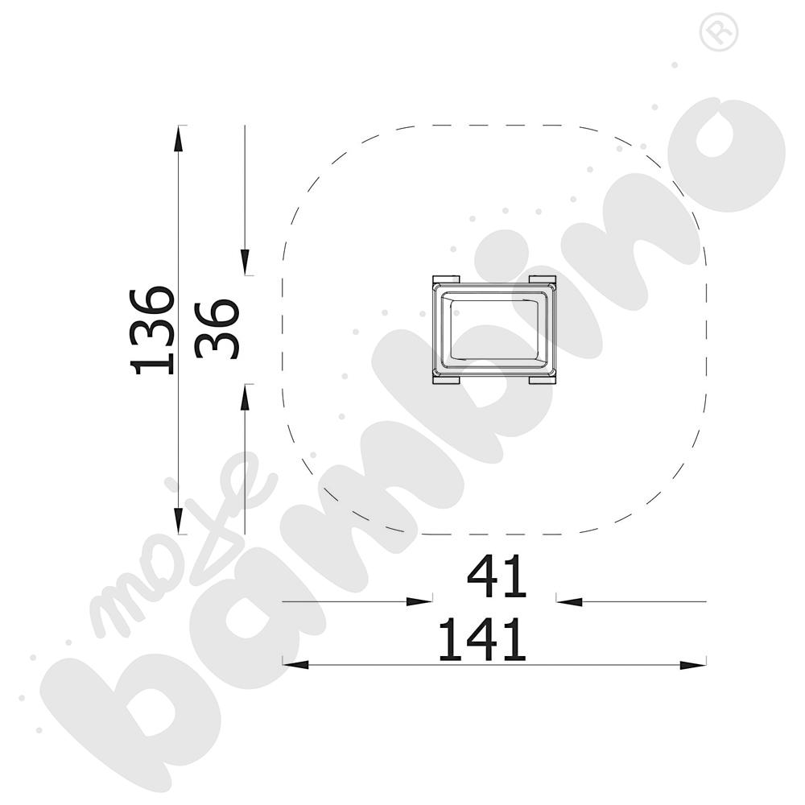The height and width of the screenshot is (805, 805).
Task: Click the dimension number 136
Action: pos(153,331)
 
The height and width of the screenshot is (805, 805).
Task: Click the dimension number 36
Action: pos(217,328)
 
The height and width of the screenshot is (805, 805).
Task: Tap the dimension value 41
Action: pos(497,576)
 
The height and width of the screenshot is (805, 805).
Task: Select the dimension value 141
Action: pos(482,639)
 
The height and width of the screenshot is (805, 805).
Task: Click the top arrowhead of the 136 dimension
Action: pos(178,138)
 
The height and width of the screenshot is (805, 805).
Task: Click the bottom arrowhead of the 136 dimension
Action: pos(178,521)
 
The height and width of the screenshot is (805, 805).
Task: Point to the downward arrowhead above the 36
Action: pos(246,262)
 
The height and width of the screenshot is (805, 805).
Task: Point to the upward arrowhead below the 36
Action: pos(246,398)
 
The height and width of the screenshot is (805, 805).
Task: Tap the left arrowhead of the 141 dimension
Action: pos(296,665)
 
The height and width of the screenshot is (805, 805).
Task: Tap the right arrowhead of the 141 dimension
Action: pos(693,665)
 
